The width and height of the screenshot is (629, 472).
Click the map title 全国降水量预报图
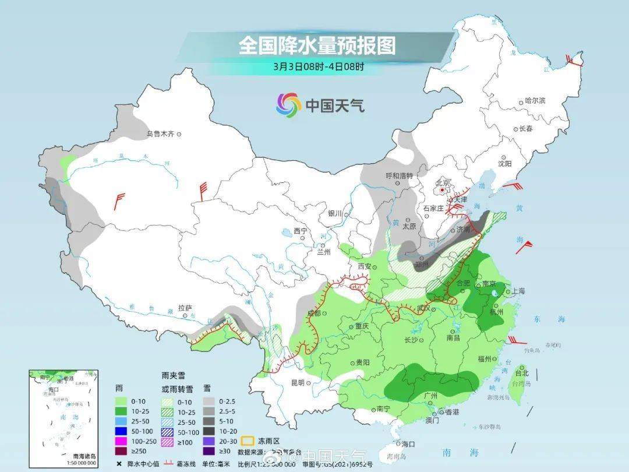[x=317, y=45]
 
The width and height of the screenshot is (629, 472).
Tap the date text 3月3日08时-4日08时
[x=318, y=66]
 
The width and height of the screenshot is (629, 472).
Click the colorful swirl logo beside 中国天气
[x=288, y=105]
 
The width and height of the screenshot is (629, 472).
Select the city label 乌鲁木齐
[x=160, y=134]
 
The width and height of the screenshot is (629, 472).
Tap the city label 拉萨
[x=185, y=307]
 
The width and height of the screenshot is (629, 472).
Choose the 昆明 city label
[x=297, y=383]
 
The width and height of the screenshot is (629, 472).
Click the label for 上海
[x=518, y=291]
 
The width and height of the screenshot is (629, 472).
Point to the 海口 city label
[x=409, y=444]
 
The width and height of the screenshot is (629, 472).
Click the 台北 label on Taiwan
[x=521, y=373]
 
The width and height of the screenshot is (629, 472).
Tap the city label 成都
[x=313, y=314]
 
